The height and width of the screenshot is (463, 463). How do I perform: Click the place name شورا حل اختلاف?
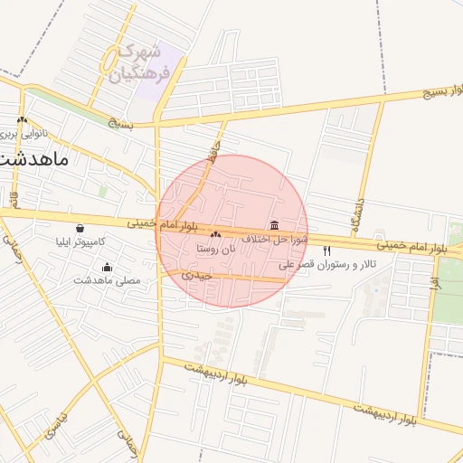275,240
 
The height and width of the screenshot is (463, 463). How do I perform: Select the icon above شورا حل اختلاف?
274,225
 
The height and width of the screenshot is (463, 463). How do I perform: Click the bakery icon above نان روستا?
216,235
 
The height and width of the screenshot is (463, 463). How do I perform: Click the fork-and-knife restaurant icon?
326,250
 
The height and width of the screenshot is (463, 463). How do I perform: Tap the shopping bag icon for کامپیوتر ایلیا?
81,229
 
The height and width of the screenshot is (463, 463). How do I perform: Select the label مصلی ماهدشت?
108,280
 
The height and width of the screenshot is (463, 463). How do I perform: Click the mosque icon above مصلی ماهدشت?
108,267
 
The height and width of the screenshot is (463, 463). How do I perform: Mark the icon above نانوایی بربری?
22,119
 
